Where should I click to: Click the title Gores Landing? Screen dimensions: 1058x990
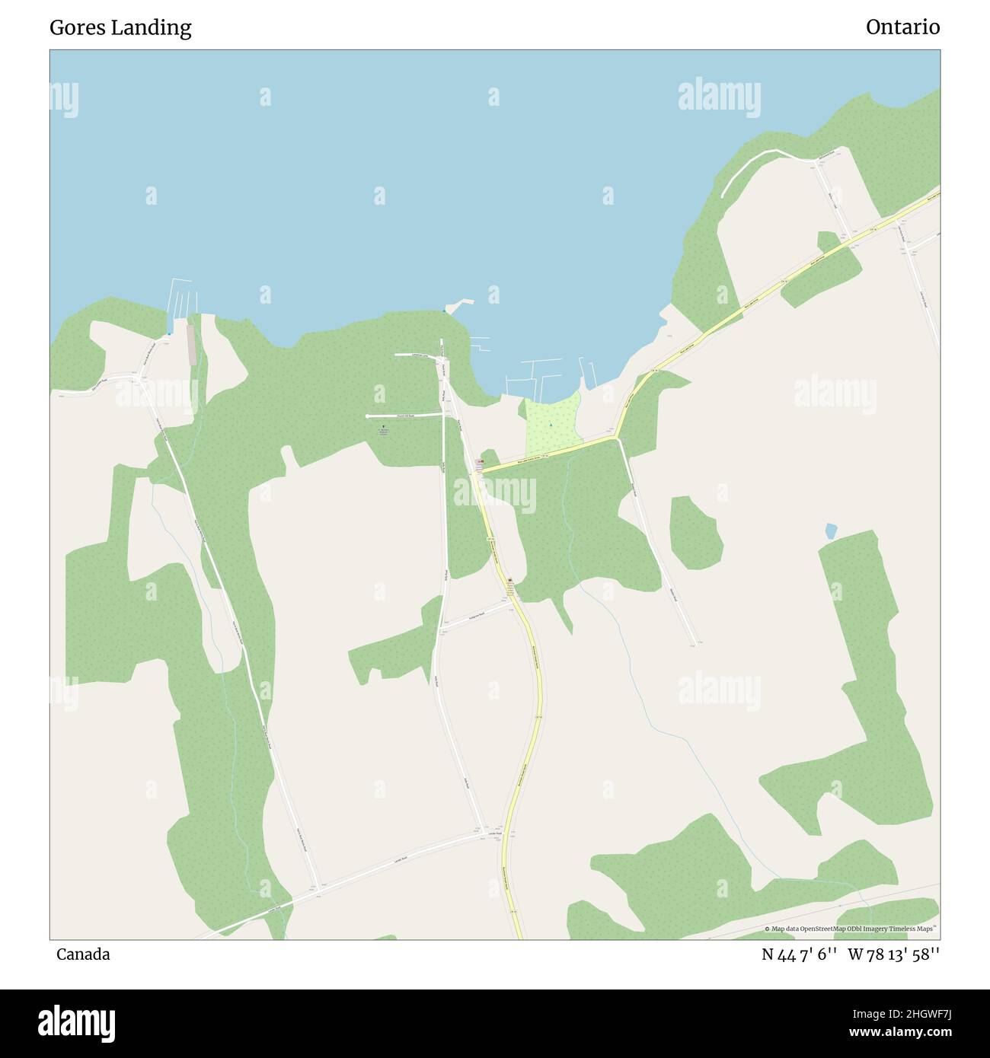[120, 27]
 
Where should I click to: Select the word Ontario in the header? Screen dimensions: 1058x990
[902, 27]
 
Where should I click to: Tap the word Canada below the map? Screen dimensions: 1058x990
[83, 954]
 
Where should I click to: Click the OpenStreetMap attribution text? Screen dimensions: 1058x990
[853, 929]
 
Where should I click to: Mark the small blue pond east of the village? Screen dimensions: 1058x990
[831, 531]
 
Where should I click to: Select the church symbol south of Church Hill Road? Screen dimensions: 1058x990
[383, 427]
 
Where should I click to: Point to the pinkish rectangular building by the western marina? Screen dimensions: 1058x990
[191, 344]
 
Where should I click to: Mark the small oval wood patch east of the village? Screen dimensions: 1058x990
[695, 532]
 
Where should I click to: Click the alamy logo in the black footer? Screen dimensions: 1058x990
[77, 1021]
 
